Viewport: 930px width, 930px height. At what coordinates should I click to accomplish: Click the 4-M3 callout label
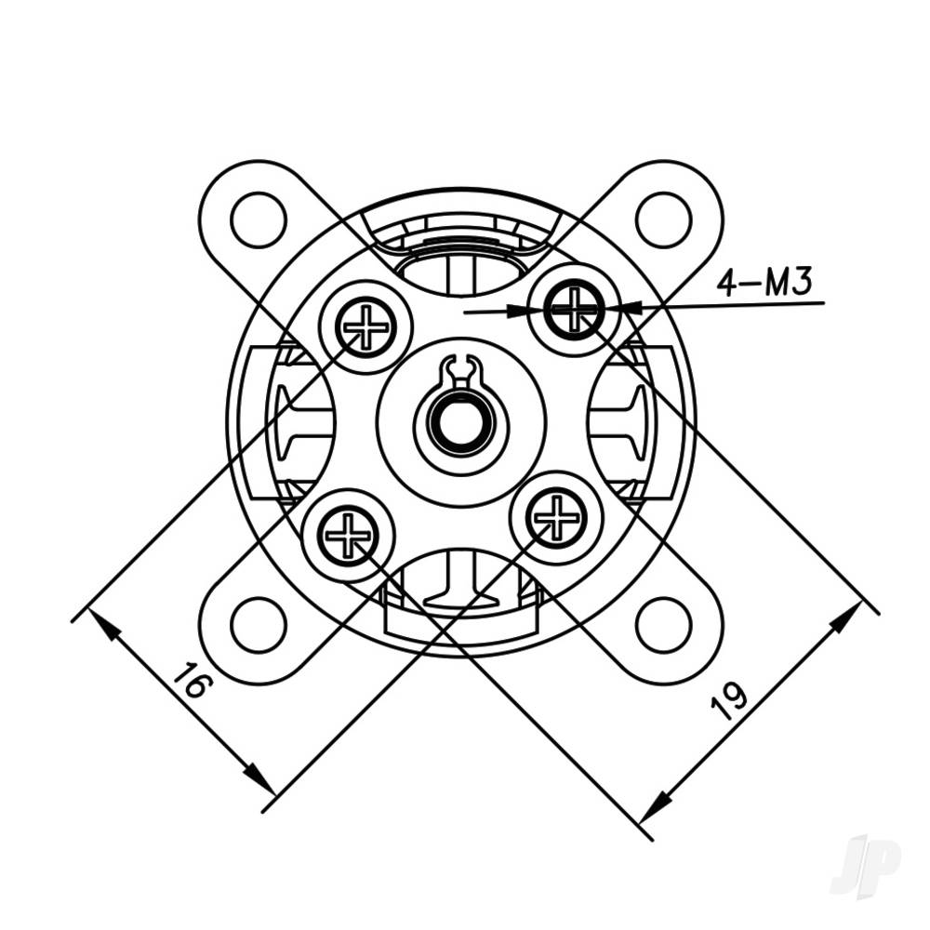tap(764, 282)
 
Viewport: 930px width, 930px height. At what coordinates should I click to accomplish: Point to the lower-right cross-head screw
tap(556, 518)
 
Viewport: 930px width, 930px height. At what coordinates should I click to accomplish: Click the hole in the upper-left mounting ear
tap(259, 219)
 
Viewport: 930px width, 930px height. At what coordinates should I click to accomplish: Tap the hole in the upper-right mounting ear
tap(663, 219)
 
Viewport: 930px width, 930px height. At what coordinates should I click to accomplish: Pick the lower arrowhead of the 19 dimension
tap(656, 807)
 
